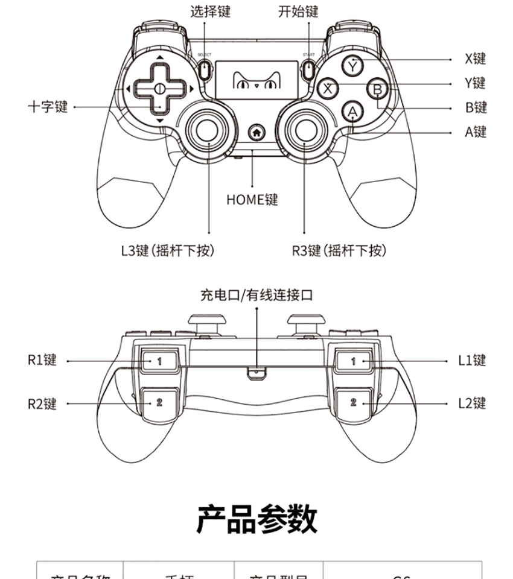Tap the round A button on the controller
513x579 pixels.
point(353,112)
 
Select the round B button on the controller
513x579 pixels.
point(378,89)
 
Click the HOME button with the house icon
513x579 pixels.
point(256,131)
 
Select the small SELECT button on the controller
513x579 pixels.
point(204,69)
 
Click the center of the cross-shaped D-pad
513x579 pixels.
point(159,89)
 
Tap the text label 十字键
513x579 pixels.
point(48,107)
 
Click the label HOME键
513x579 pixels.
point(252,199)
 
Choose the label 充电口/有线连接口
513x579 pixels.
point(256,295)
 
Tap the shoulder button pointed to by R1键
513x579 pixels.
point(159,361)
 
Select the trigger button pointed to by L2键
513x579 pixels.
point(354,402)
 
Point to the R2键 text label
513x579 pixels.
point(42,403)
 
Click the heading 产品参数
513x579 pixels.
point(256,519)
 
